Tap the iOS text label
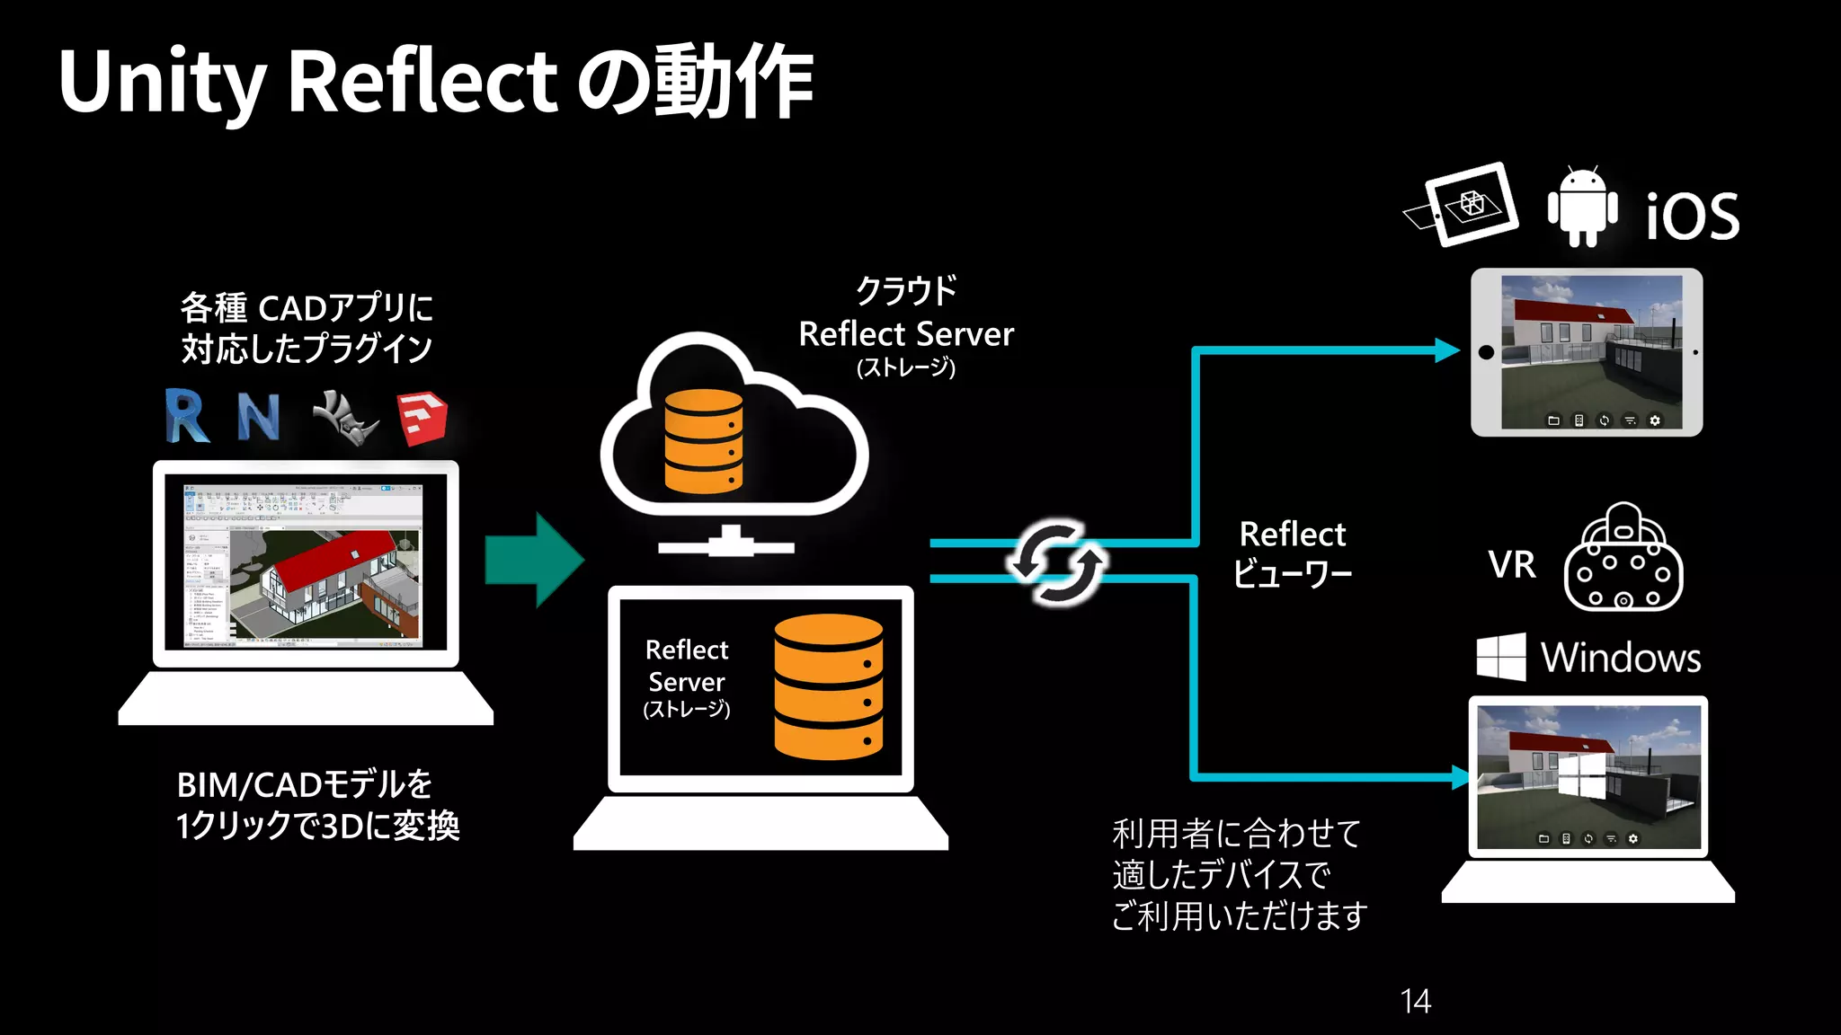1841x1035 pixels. coord(1692,217)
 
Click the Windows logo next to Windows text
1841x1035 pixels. coord(1500,657)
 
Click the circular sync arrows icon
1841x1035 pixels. coord(1056,562)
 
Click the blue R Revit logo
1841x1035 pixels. coord(187,416)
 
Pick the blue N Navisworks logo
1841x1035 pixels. coord(259,416)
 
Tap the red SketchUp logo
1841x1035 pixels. coord(422,418)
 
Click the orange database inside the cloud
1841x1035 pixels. coord(703,441)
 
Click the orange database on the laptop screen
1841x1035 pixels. coord(828,686)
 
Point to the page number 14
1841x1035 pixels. coord(1415,1001)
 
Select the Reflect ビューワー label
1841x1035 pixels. coord(1292,553)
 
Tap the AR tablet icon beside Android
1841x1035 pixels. coord(1463,205)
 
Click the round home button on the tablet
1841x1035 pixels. coord(1486,352)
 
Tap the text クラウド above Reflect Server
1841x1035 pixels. coord(905,291)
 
